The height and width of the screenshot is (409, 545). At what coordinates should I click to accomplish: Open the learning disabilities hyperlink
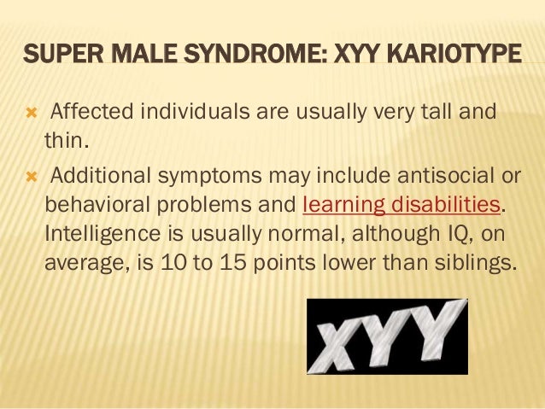401,206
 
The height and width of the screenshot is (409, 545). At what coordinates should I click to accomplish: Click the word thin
62,139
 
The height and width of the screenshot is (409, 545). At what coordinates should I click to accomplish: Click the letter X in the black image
340,340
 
